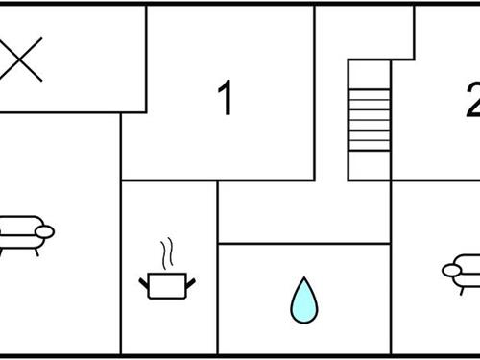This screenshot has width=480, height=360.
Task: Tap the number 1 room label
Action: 226,99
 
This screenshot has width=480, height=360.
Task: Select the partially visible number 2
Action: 472,99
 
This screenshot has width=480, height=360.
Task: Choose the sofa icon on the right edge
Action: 463,272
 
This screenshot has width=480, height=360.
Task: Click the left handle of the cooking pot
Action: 145,281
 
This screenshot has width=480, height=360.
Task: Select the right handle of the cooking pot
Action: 193,281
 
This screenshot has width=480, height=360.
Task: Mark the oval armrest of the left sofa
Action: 43,231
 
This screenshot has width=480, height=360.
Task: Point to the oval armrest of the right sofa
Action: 452,270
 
